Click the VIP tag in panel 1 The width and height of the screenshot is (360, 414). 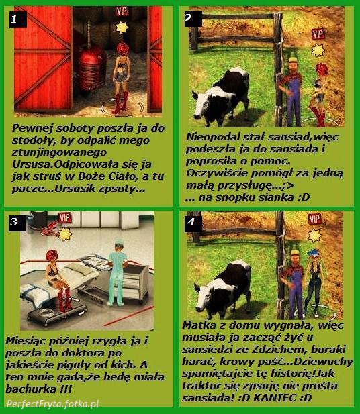pos(122,11)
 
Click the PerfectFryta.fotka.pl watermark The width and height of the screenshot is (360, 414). pos(52,404)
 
